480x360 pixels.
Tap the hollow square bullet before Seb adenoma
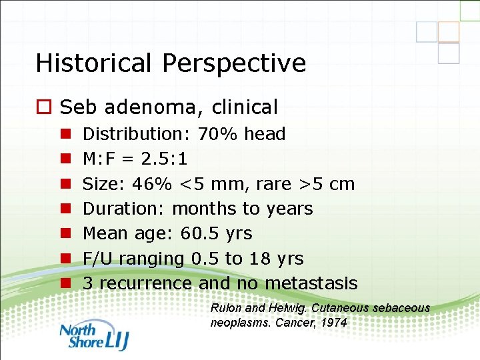45,107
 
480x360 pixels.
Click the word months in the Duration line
204,209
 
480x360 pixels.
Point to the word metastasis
311,283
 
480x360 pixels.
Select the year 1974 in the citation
333,322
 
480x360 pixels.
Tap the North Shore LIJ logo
93,336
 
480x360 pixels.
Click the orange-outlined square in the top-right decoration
449,32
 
